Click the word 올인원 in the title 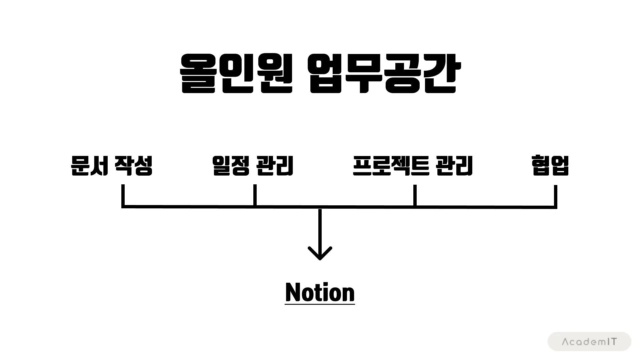point(236,73)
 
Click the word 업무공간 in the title point(383,73)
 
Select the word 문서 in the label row point(89,166)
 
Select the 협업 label point(550,166)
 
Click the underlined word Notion point(320,292)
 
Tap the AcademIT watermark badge point(589,342)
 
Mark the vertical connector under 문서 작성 point(123,195)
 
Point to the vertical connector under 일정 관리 point(255,195)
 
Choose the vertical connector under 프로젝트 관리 point(415,195)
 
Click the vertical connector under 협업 point(555,196)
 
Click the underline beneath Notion point(320,304)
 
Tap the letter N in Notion point(293,292)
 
